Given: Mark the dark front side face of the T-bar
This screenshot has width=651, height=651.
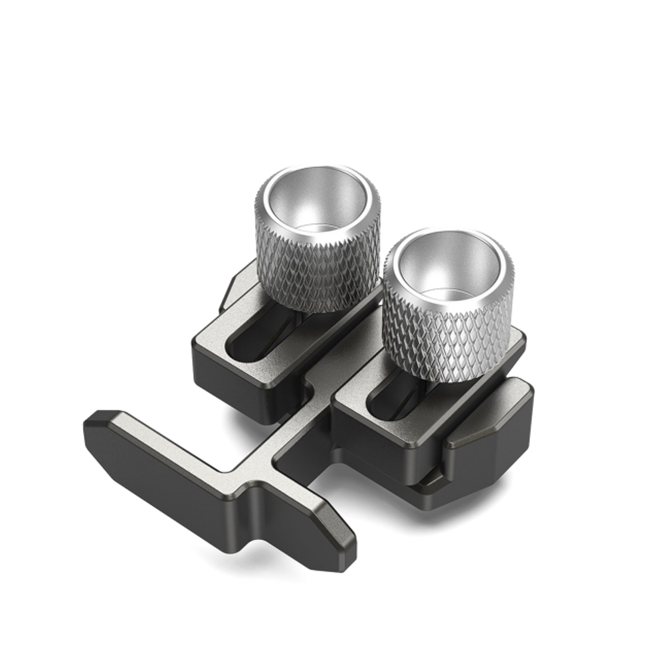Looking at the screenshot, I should (x=199, y=505).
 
